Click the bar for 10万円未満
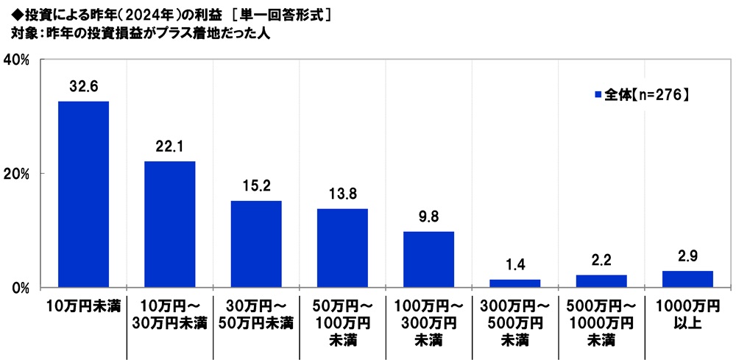click(x=83, y=194)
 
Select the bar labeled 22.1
click(x=169, y=225)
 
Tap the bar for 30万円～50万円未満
click(x=256, y=244)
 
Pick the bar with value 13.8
click(x=342, y=248)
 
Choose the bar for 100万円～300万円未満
click(x=428, y=259)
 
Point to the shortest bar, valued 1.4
click(x=514, y=283)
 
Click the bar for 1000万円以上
click(x=687, y=279)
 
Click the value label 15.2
click(x=256, y=186)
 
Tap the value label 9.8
click(x=428, y=217)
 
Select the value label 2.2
click(x=601, y=261)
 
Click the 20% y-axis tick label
click(x=16, y=174)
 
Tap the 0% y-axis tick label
click(x=18, y=287)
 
